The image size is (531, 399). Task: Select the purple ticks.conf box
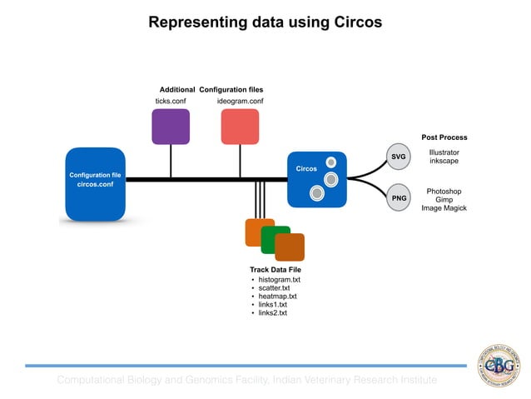pyautogui.click(x=171, y=127)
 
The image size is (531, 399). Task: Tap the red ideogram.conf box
pyautogui.click(x=240, y=127)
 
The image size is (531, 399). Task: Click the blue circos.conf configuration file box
pyautogui.click(x=95, y=183)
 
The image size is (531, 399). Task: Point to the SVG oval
pyautogui.click(x=399, y=157)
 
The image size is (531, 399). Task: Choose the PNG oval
pyautogui.click(x=399, y=198)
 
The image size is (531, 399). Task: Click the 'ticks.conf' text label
pyautogui.click(x=171, y=101)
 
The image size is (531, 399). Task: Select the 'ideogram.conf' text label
pyautogui.click(x=240, y=101)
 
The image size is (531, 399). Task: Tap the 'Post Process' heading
pyautogui.click(x=444, y=137)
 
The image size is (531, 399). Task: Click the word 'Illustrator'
pyautogui.click(x=444, y=152)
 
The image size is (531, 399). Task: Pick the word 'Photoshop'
pyautogui.click(x=444, y=191)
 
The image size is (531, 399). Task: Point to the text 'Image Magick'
pyautogui.click(x=444, y=208)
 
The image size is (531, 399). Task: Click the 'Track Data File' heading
pyautogui.click(x=275, y=270)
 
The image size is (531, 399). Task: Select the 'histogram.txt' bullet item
pyautogui.click(x=279, y=280)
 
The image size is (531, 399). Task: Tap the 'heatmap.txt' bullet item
pyautogui.click(x=277, y=297)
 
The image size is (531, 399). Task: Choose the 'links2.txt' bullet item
pyautogui.click(x=272, y=313)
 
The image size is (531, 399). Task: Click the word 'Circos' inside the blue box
pyautogui.click(x=306, y=169)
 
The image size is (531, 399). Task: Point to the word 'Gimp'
pyautogui.click(x=444, y=200)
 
